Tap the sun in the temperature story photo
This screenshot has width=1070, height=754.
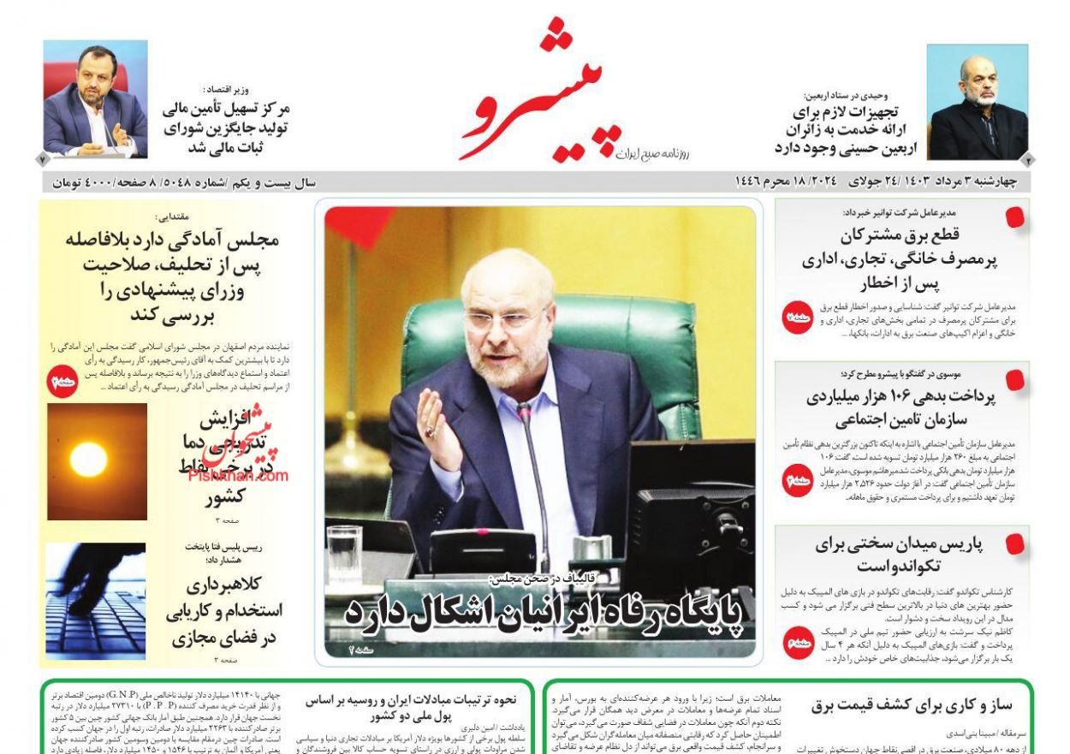pyautogui.click(x=88, y=460)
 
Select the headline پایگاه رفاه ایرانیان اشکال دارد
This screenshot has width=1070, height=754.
pyautogui.click(x=544, y=611)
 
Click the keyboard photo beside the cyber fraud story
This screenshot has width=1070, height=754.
pyautogui.click(x=96, y=601)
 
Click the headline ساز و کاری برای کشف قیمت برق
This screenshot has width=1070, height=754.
pyautogui.click(x=912, y=706)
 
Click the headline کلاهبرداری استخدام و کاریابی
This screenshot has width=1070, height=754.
pyautogui.click(x=225, y=611)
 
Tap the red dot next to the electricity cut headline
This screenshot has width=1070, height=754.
pyautogui.click(x=1015, y=217)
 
